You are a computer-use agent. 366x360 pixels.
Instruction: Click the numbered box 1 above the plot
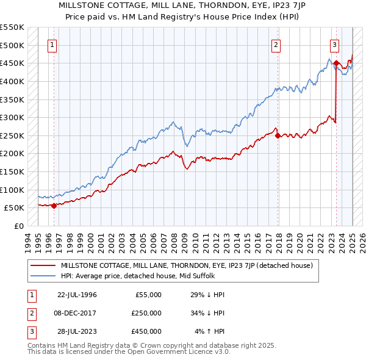(52, 44)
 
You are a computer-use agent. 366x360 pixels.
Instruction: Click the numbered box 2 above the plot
(276, 44)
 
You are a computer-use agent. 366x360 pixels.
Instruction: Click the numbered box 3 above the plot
(335, 44)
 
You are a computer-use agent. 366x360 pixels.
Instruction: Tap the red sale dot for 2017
(278, 135)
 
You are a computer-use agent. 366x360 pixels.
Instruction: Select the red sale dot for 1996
(54, 206)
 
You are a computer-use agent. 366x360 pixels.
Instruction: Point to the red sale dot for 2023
(336, 63)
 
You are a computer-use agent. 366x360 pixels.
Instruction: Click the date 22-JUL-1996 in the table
(77, 295)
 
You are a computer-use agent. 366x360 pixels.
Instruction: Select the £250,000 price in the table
(146, 313)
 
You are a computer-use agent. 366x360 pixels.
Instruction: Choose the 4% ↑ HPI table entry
(210, 331)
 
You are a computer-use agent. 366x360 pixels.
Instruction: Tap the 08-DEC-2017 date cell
(77, 313)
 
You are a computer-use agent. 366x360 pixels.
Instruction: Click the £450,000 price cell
(146, 331)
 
